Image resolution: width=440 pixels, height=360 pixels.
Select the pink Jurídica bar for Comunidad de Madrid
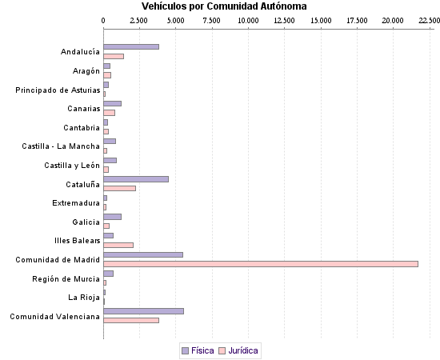[x=261, y=263]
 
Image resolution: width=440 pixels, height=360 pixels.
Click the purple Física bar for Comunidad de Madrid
[x=143, y=254]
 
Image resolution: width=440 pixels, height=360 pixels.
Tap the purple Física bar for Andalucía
[x=131, y=47]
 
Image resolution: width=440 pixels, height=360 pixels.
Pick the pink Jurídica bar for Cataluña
[x=120, y=189]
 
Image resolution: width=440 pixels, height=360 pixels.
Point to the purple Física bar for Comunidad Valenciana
[x=144, y=310]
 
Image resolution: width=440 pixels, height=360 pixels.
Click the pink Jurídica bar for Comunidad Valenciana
[x=131, y=320]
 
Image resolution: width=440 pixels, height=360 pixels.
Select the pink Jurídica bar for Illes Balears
[x=118, y=245]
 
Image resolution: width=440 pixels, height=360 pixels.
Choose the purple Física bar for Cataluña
[x=136, y=179]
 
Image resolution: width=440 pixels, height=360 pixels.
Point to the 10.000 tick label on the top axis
[x=248, y=20]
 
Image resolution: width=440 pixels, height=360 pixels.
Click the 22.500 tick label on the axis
[x=421, y=20]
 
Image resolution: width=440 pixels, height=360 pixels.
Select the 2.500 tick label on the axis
[x=139, y=20]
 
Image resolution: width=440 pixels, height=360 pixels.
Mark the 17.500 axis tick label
[x=356, y=20]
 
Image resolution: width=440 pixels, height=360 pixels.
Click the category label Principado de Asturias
[x=58, y=90]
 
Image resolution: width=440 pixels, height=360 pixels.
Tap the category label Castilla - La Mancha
[x=61, y=146]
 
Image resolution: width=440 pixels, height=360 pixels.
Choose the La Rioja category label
[x=84, y=298]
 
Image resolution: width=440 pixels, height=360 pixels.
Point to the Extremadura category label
[x=76, y=203]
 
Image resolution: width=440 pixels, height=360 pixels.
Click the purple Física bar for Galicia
[x=113, y=217]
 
